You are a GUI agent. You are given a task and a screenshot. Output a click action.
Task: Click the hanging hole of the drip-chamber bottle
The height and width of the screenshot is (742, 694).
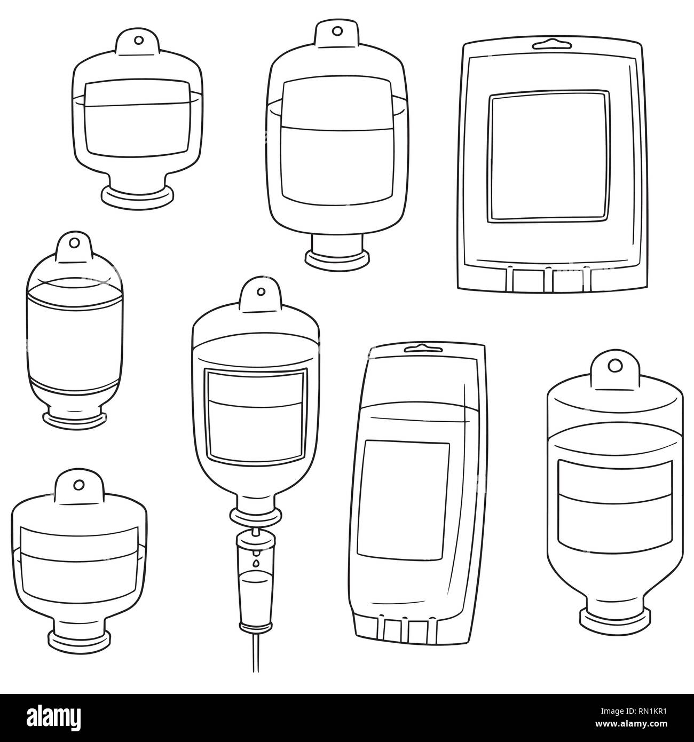tap(261, 291)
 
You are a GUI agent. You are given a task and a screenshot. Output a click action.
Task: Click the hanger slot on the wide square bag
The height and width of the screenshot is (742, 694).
tap(551, 41)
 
